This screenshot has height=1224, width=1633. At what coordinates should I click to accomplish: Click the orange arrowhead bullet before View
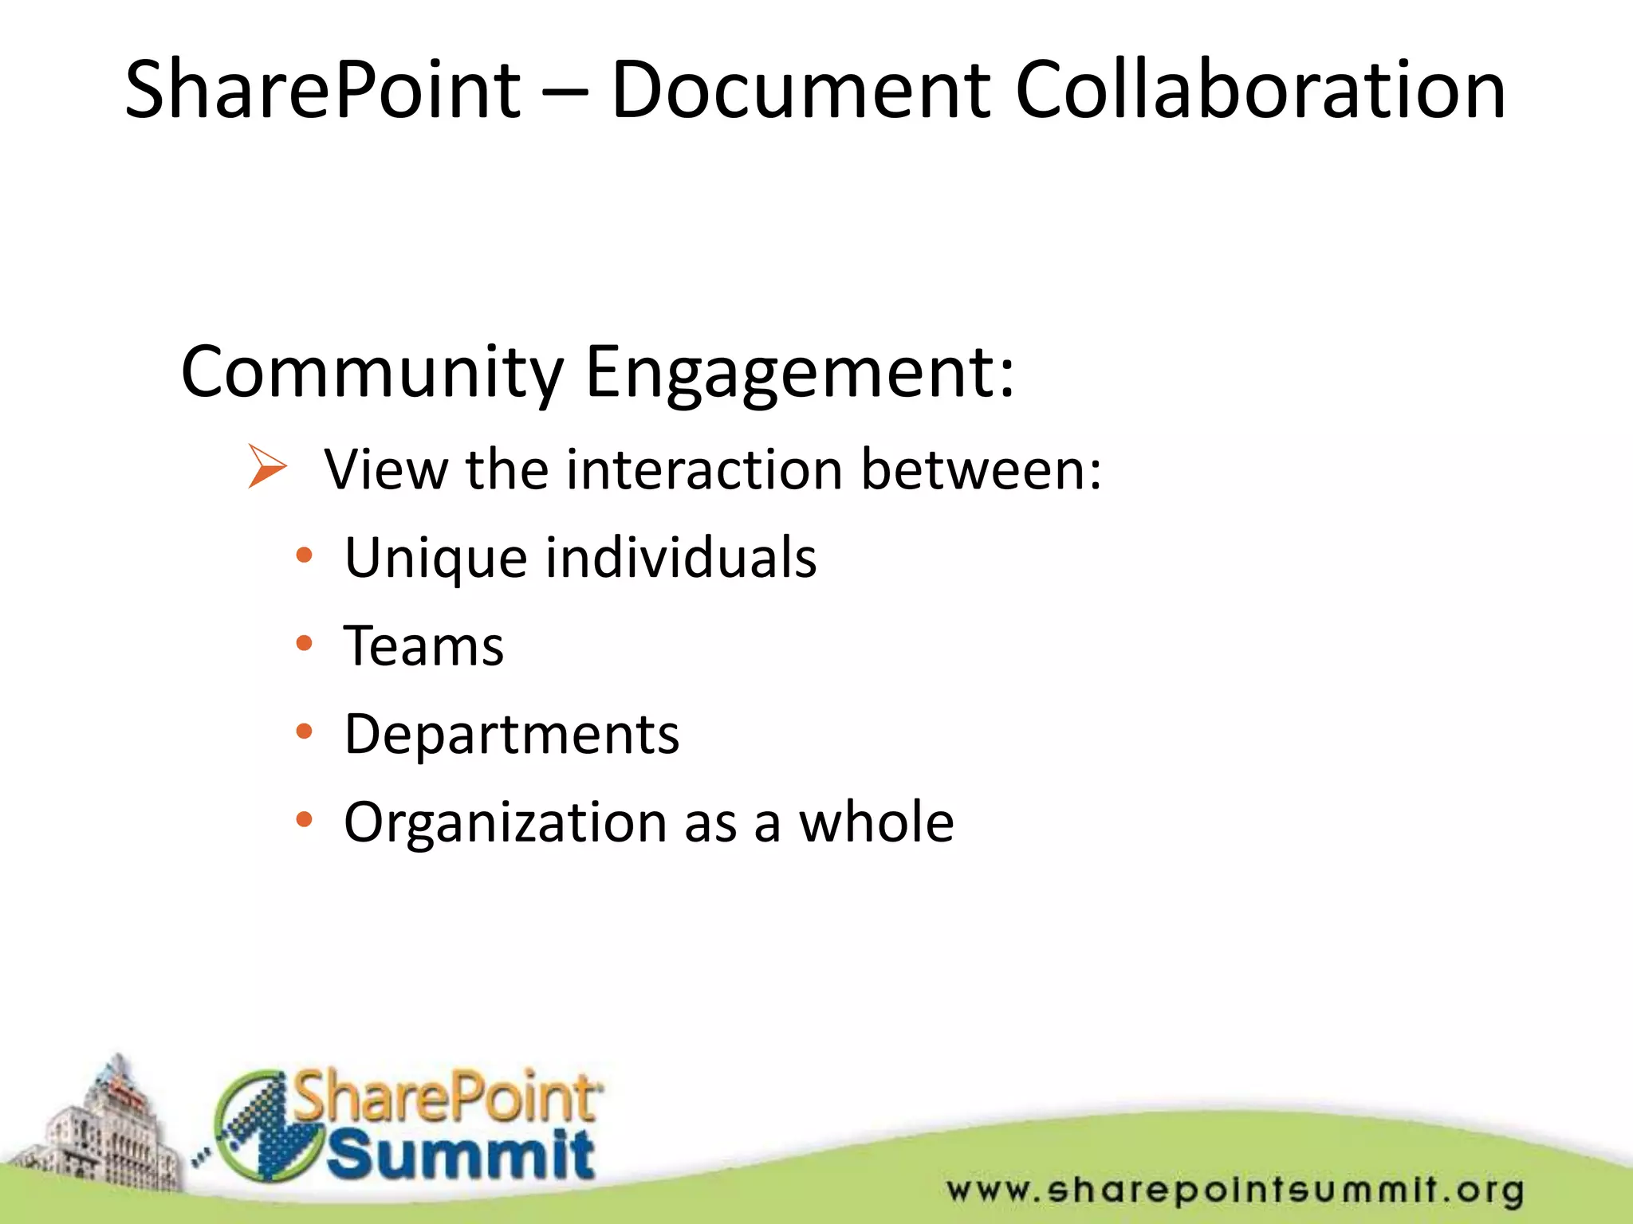266,466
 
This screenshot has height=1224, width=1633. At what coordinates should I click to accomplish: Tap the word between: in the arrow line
982,469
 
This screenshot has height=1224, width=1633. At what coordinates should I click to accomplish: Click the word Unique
435,558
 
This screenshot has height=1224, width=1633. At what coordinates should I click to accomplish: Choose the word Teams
423,645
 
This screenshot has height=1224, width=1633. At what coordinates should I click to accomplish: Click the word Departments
511,734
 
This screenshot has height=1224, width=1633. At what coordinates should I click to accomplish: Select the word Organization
505,823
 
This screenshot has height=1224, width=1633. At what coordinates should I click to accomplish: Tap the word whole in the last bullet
876,822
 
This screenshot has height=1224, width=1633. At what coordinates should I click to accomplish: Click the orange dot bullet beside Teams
304,643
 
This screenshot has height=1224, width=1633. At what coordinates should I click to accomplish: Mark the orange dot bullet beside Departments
304,732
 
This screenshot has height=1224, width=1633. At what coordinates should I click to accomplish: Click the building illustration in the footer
104,1132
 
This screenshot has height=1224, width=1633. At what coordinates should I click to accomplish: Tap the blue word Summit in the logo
460,1155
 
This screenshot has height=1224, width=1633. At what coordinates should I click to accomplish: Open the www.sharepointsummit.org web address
1235,1191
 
